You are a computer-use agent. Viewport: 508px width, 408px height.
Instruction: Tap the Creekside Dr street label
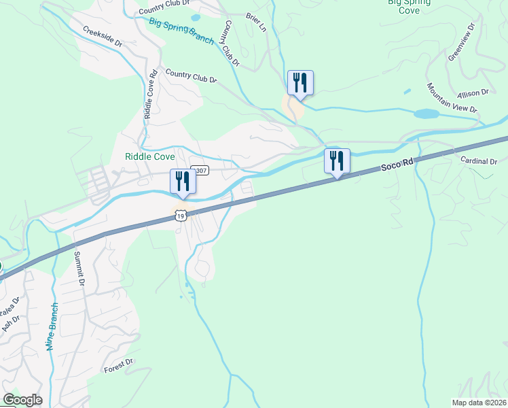[103, 36]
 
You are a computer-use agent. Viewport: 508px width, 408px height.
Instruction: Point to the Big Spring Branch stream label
[182, 31]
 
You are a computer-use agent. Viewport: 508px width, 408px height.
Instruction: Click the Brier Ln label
[256, 22]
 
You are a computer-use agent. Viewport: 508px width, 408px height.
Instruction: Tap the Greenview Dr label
[462, 44]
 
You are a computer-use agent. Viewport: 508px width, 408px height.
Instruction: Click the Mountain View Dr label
[452, 98]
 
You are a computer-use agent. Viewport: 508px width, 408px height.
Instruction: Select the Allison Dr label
[473, 92]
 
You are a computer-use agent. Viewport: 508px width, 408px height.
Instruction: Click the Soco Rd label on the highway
[397, 163]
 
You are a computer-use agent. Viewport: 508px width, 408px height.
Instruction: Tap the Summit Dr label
[79, 269]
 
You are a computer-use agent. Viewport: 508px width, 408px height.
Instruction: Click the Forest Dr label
[120, 366]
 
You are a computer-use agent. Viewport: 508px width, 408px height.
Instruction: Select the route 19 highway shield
[180, 216]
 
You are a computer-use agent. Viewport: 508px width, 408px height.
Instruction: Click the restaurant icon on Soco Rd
[337, 160]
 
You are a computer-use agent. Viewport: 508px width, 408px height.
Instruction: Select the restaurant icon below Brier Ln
[300, 83]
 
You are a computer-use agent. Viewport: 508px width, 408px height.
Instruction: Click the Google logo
[22, 400]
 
